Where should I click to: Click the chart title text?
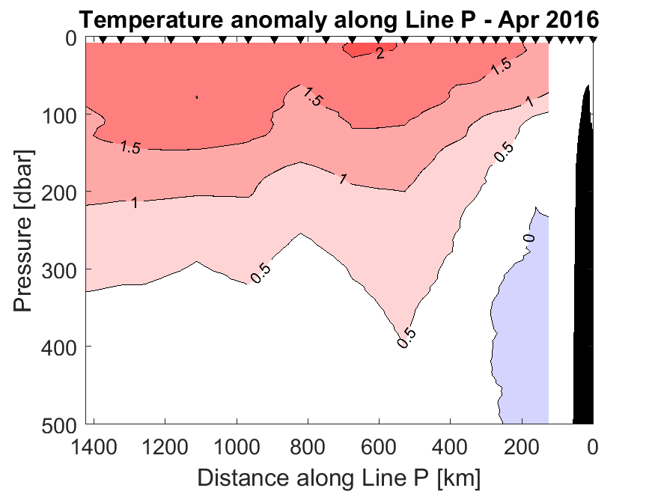[x=339, y=19]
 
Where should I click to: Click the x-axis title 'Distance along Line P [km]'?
[x=339, y=477]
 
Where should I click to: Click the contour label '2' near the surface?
[x=380, y=53]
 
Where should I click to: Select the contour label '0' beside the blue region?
[x=528, y=238]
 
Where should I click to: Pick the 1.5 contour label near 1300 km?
[x=130, y=147]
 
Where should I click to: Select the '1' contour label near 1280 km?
[x=135, y=203]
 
